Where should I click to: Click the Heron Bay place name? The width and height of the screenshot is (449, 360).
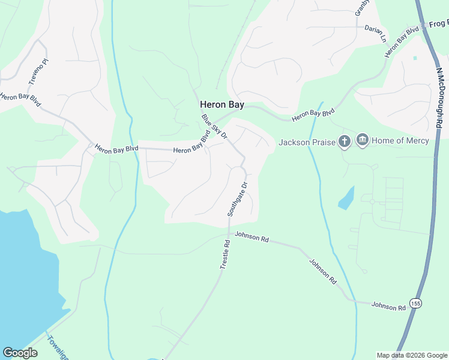[x=222, y=105]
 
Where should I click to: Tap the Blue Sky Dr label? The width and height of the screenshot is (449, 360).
[x=215, y=127]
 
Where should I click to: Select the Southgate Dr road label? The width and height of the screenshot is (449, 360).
[x=237, y=200]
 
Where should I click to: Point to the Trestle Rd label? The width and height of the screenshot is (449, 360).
[x=226, y=254]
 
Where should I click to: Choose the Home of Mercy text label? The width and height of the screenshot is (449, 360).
[x=400, y=140]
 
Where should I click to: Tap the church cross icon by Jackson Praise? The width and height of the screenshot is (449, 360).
[x=344, y=142]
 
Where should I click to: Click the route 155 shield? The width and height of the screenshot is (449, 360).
[x=415, y=303]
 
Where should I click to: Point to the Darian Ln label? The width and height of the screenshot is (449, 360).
[x=376, y=32]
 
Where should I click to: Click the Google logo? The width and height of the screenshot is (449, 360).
[x=20, y=353]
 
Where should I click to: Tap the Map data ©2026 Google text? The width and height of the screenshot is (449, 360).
[x=412, y=355]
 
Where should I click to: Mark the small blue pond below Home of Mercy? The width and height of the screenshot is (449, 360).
[x=346, y=198]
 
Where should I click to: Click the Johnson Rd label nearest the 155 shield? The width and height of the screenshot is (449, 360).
[x=388, y=306]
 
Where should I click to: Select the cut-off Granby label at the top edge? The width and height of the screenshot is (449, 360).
[x=361, y=7]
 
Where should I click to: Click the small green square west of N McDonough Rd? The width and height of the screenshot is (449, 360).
[x=415, y=58]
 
